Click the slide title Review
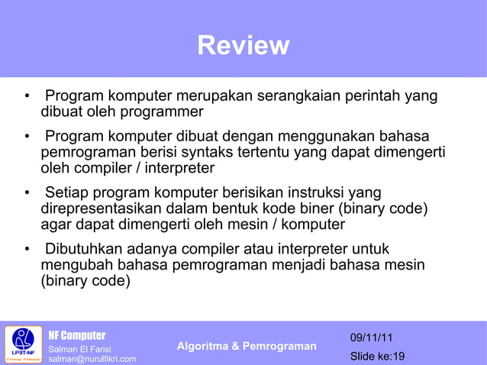(243, 46)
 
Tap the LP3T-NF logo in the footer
(22, 344)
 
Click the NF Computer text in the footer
(77, 335)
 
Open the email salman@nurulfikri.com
(92, 359)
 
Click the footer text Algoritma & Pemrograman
(246, 347)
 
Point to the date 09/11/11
(372, 338)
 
